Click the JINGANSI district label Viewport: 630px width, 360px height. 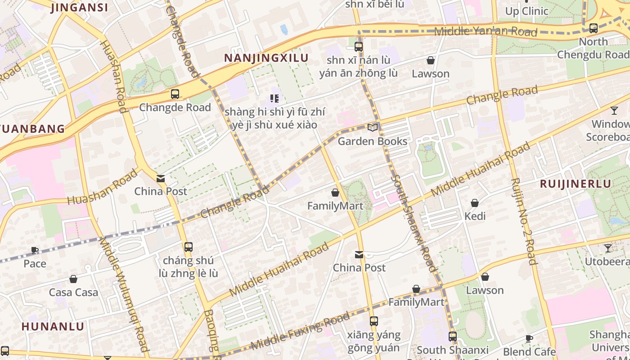pyautogui.click(x=79, y=8)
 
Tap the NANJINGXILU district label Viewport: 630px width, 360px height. pyautogui.click(x=266, y=58)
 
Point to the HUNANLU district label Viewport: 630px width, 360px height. pyautogui.click(x=53, y=326)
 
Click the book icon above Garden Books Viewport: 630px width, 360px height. pyautogui.click(x=373, y=127)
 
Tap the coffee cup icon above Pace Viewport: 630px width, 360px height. pyautogui.click(x=35, y=250)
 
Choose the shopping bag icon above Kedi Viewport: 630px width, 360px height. pyautogui.click(x=475, y=203)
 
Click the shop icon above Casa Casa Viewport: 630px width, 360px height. pyautogui.click(x=73, y=279)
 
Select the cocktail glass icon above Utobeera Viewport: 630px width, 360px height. pyautogui.click(x=608, y=248)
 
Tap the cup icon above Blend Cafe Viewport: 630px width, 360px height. pyautogui.click(x=529, y=338)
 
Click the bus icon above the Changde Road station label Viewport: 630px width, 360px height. pyautogui.click(x=175, y=94)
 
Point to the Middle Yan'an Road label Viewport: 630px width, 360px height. pyautogui.click(x=486, y=31)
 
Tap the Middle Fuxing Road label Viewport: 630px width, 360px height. pyautogui.click(x=300, y=331)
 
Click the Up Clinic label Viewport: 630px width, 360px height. pyautogui.click(x=526, y=11)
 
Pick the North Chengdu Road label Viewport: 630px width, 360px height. pyautogui.click(x=593, y=48)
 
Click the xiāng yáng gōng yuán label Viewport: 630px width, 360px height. pyautogui.click(x=373, y=341)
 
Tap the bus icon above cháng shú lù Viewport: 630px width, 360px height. pyautogui.click(x=189, y=247)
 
